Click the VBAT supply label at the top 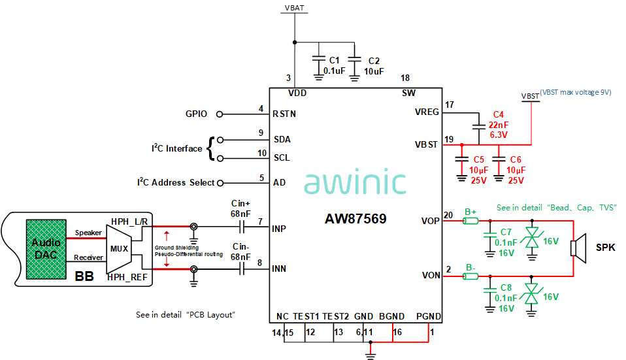[x=295, y=8]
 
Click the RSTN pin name [x=284, y=114]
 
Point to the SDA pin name [x=282, y=139]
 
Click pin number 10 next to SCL [x=261, y=153]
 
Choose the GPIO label [x=196, y=114]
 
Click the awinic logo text [x=355, y=183]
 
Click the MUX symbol [x=120, y=249]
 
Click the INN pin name [x=280, y=269]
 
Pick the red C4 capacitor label [x=499, y=114]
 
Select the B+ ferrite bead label [x=470, y=212]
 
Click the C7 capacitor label [x=506, y=233]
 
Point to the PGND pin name [x=429, y=316]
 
